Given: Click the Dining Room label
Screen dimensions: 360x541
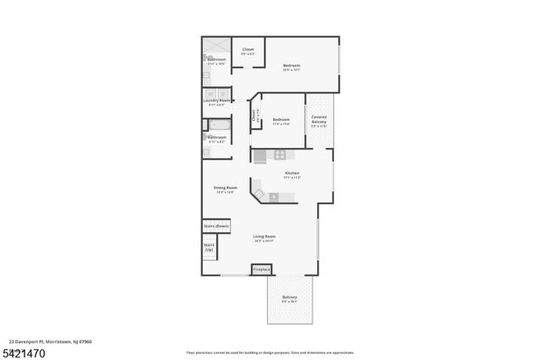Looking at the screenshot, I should pos(226,189).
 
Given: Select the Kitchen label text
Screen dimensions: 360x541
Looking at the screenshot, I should pos(292,175).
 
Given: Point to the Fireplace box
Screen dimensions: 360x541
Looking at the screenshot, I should pos(262,270).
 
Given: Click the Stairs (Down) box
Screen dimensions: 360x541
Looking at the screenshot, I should pos(216,226).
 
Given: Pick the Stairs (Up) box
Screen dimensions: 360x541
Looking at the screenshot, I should pos(209,247).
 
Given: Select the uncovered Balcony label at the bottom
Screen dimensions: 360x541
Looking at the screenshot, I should pos(290,298).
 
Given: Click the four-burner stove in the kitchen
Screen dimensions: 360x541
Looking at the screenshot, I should pos(280,155).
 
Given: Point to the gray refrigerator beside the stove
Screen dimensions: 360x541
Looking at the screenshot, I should pos(260,155).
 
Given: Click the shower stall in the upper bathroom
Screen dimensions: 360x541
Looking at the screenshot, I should pos(216,46).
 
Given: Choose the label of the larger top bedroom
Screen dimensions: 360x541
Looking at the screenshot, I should pos(292,67).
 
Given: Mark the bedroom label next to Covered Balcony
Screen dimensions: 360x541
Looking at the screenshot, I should pos(281,121).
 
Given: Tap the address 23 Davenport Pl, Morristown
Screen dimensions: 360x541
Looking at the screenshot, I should pos(46,341).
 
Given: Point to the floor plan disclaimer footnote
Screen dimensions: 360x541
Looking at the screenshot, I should pos(270,352).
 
